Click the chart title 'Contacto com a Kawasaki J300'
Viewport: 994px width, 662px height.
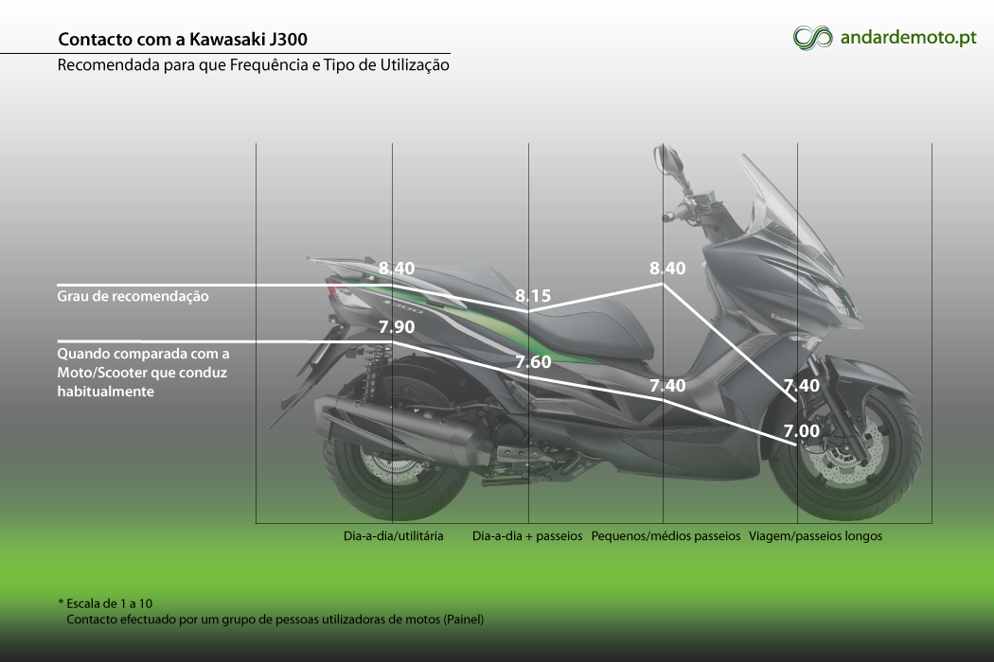click(x=183, y=40)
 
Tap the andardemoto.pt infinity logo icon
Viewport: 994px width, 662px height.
click(x=812, y=38)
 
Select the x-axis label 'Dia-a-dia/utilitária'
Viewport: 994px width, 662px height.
click(x=394, y=536)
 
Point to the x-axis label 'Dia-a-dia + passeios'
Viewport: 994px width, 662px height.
click(x=527, y=536)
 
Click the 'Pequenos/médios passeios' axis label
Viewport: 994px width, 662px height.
click(x=666, y=536)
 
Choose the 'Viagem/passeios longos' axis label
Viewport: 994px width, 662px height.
click(x=815, y=536)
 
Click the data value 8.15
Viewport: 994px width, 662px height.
click(x=533, y=296)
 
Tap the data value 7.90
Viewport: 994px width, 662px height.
click(x=397, y=327)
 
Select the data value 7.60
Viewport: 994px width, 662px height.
click(x=533, y=361)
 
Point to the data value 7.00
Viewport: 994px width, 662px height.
click(x=802, y=431)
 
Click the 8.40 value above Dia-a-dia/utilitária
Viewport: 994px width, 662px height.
click(x=397, y=269)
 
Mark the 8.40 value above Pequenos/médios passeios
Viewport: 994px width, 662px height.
click(x=667, y=269)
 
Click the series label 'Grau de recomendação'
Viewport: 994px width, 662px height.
click(x=133, y=296)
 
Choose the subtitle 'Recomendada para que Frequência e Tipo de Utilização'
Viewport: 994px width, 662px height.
click(x=254, y=65)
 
